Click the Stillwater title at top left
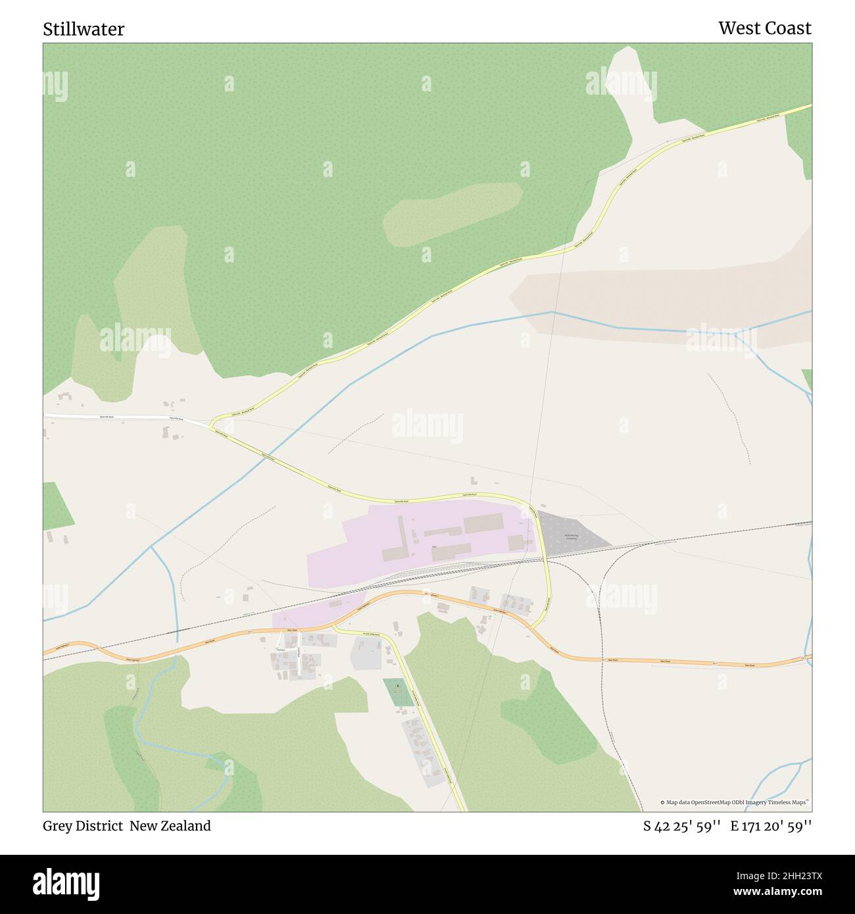pyautogui.click(x=84, y=29)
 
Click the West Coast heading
pyautogui.click(x=764, y=28)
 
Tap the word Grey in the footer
pyautogui.click(x=58, y=826)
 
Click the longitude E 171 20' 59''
pyautogui.click(x=771, y=826)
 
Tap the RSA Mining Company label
pyautogui.click(x=571, y=537)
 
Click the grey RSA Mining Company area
pyautogui.click(x=579, y=526)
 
